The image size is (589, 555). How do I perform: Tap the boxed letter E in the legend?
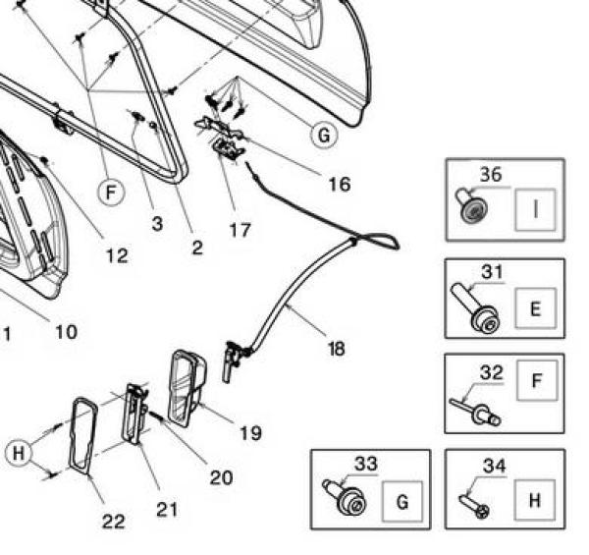tap(535, 307)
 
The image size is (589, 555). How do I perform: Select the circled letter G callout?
tap(324, 136)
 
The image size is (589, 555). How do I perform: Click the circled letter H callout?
tap(18, 453)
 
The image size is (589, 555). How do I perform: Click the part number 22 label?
tap(114, 522)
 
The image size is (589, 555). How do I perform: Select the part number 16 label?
tap(339, 184)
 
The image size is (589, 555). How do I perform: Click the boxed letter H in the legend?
tap(535, 500)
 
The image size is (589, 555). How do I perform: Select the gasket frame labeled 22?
tap(81, 442)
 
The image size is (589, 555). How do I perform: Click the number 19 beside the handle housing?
tap(250, 432)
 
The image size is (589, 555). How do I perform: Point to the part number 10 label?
tap(65, 331)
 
